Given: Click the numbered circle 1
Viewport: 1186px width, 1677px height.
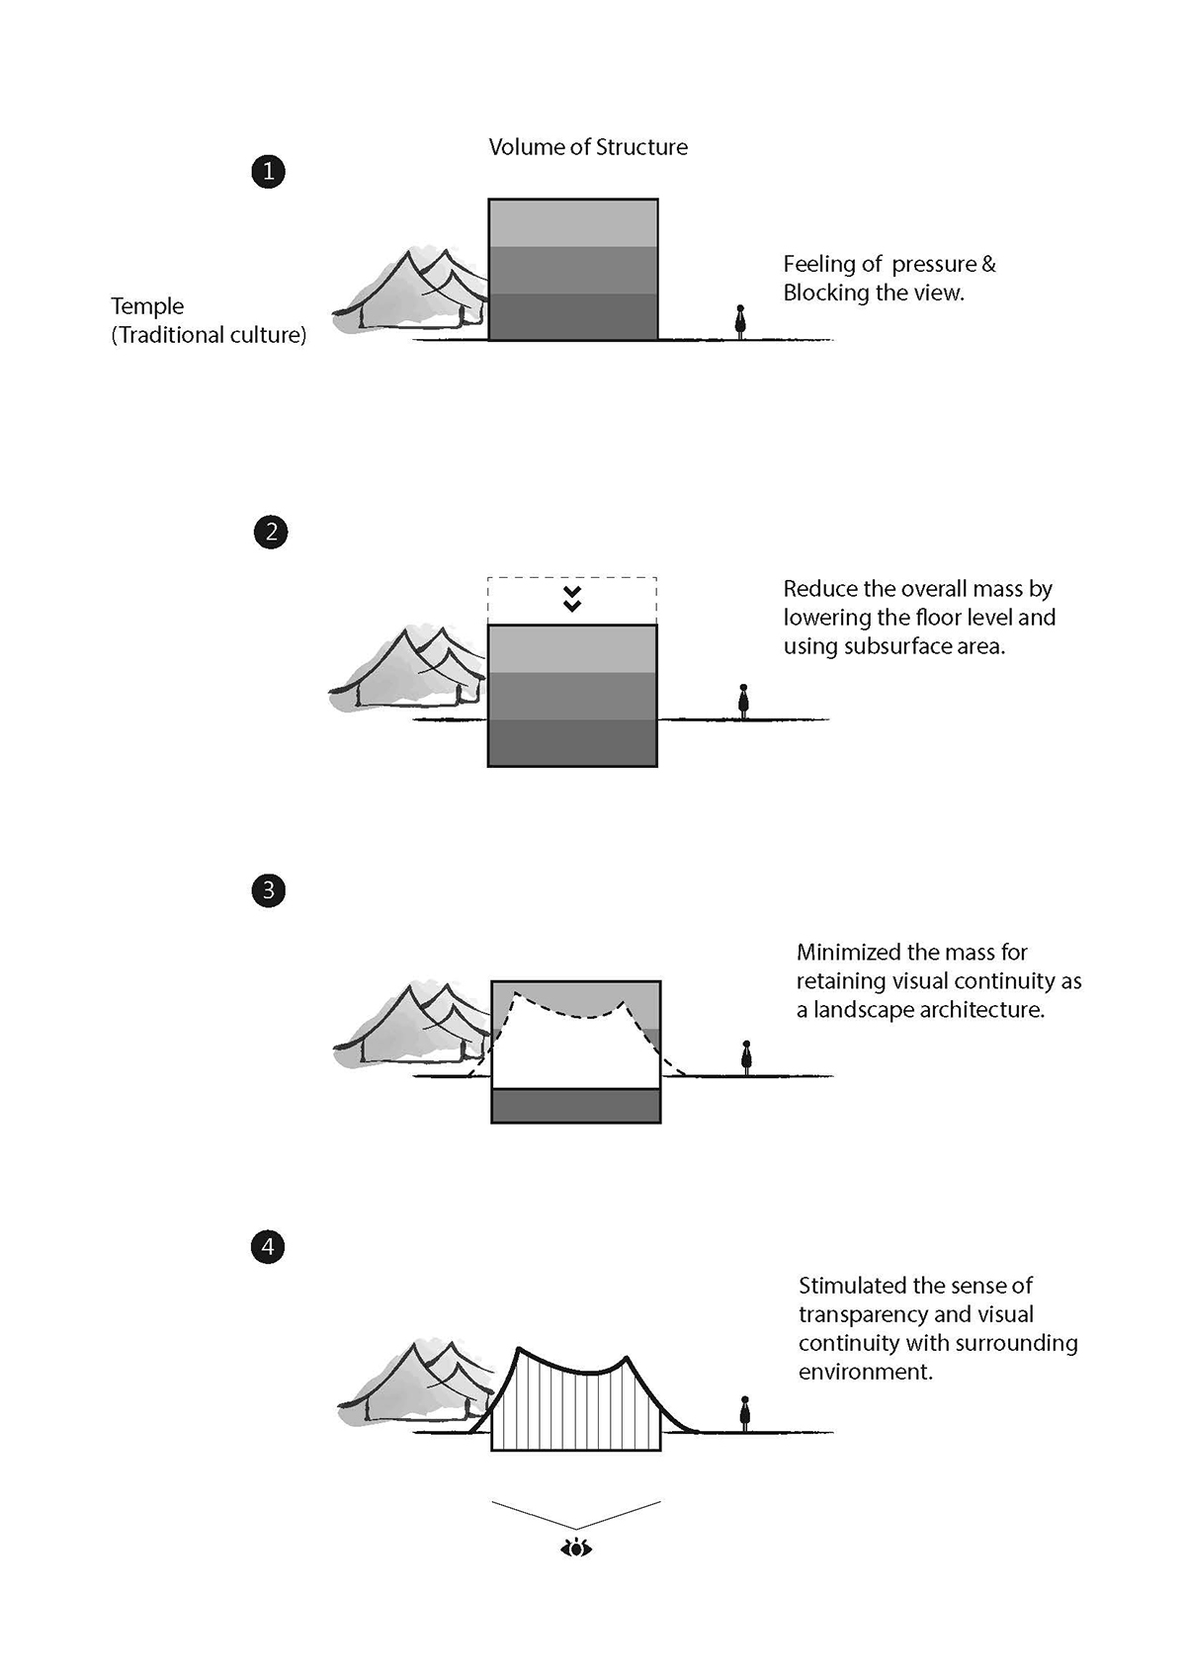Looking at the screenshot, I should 268,172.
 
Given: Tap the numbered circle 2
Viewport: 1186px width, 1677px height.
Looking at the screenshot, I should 271,533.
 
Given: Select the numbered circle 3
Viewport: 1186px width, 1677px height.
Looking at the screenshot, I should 268,890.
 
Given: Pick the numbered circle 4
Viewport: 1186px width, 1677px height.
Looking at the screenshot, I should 268,1247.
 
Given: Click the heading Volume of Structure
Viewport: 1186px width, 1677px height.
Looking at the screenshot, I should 588,147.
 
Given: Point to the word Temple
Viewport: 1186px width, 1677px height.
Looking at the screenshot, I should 147,306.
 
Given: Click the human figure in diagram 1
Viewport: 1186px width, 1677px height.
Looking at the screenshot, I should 740,321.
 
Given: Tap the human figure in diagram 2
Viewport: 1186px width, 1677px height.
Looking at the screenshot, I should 743,702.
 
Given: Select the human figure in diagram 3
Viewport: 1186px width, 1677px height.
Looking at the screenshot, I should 746,1057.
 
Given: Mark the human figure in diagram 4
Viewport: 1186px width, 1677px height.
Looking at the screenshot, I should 744,1413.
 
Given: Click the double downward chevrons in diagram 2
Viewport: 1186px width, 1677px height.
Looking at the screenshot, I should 572,599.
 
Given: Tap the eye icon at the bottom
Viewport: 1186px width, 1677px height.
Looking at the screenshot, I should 576,1548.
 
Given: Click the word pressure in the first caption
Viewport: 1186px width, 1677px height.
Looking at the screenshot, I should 934,265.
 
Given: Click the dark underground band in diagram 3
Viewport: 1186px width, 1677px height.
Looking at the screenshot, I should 576,1105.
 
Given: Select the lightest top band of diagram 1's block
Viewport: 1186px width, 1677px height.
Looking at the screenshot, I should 573,223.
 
